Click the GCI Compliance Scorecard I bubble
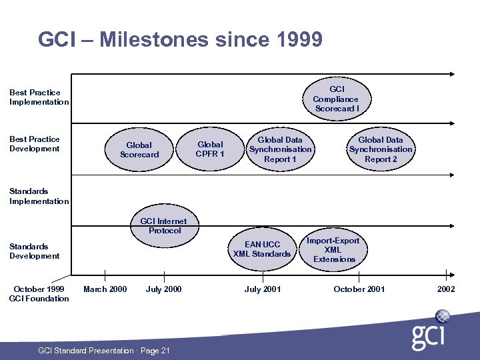coord(337,99)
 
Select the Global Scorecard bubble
coord(139,150)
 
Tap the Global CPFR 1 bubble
coord(211,149)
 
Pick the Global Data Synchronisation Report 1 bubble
coord(280,149)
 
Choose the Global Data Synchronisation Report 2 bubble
coord(381,149)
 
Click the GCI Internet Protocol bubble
coord(164,226)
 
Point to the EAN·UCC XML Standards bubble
coord(262,249)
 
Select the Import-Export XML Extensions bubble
coord(334,250)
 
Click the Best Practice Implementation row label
coord(39,97)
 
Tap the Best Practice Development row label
coord(35,144)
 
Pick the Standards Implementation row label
coord(39,196)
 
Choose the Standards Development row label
coord(35,251)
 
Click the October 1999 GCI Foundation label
coord(39,293)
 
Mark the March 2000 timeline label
coord(105,289)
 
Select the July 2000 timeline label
coord(163,289)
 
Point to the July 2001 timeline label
coord(263,289)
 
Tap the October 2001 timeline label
coord(359,289)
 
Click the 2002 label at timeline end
coord(446,289)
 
